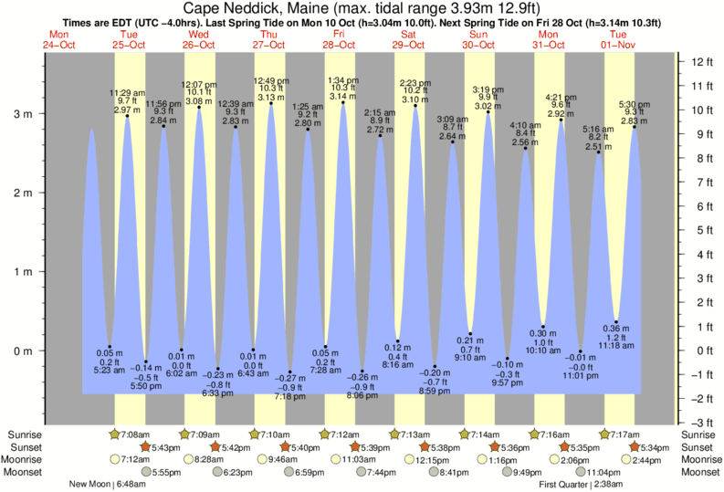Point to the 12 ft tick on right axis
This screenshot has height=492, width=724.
click(x=700, y=61)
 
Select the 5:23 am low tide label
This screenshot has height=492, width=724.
click(x=110, y=370)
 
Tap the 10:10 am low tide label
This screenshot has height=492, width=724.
click(x=543, y=350)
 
